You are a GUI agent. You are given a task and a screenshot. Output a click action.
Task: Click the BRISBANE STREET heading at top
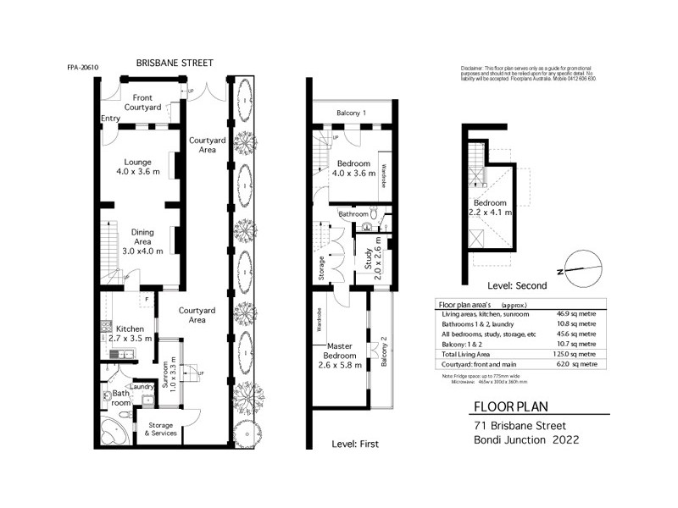pos(175,63)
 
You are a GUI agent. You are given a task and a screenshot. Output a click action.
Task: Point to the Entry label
pos(110,118)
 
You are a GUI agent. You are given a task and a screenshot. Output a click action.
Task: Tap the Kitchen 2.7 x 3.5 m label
pos(131,333)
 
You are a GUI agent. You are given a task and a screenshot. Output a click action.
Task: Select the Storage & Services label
pos(160,429)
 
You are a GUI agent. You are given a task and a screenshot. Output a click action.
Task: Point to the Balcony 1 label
pos(351,113)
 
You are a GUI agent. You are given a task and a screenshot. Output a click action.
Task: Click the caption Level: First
pos(355,444)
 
